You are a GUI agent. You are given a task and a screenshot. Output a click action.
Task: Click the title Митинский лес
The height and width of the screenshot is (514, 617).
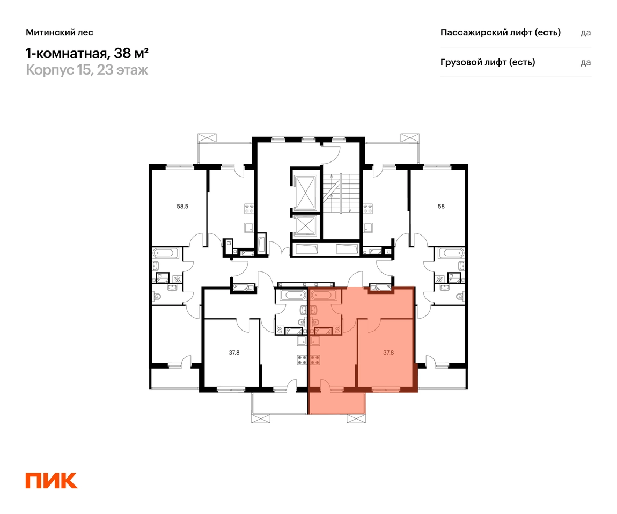60,32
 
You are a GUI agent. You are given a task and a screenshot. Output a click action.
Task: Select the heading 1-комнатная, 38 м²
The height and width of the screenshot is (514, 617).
87,53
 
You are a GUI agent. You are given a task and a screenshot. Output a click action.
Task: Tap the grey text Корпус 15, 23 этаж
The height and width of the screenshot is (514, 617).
87,70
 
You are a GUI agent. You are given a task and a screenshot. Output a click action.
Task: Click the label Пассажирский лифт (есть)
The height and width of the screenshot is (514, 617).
501,32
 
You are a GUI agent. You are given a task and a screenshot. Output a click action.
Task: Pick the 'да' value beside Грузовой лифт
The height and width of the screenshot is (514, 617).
585,62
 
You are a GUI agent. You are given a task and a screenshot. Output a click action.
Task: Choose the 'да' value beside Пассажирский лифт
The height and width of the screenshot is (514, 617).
585,33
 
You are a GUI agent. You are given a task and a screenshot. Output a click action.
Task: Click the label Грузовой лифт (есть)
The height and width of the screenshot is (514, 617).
488,62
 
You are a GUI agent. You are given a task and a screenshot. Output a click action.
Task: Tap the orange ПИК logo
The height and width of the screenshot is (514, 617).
52,481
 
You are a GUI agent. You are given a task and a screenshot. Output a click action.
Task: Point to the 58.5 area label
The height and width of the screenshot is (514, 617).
182,206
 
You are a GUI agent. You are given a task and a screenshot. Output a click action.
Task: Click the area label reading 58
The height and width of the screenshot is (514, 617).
441,206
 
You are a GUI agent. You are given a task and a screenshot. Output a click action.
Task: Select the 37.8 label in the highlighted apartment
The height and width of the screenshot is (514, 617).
388,353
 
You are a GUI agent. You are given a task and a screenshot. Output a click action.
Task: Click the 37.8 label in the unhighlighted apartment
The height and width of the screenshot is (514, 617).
234,353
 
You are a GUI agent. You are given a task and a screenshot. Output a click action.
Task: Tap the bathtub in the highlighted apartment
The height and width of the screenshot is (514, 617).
324,295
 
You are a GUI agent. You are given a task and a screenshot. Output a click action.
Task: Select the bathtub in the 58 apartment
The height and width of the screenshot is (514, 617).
451,253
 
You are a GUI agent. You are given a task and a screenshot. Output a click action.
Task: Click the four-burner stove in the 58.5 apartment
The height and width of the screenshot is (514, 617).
249,209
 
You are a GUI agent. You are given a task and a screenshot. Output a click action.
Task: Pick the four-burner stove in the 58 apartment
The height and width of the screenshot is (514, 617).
368,209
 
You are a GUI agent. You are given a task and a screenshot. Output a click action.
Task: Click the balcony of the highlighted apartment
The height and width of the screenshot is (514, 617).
337,402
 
